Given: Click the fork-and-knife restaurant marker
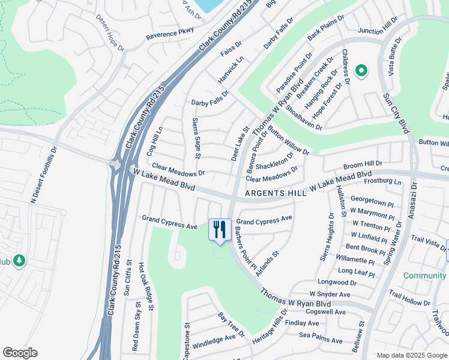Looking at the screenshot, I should (219, 229).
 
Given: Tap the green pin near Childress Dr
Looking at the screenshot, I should (361, 71).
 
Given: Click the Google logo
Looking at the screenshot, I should (20, 353).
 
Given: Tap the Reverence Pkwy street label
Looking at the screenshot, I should (170, 34).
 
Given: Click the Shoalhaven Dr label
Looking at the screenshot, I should (304, 119).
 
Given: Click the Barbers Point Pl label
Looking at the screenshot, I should (246, 248).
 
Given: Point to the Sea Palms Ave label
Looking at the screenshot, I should (321, 338).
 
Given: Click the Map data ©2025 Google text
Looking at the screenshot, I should (411, 355).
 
